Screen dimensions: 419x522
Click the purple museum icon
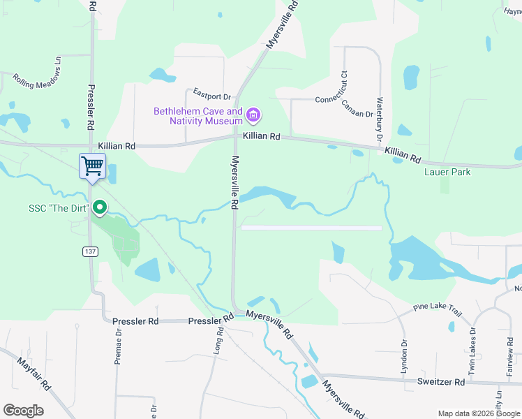tap(253, 115)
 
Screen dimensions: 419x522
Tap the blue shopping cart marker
tap(92, 166)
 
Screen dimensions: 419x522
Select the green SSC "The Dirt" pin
tap(100, 207)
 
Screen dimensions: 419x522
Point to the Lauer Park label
tap(447, 172)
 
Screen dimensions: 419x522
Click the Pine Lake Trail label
tap(438, 307)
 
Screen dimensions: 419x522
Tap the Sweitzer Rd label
tap(441, 383)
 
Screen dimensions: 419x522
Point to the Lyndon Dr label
tap(404, 357)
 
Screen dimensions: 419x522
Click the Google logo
tap(23, 411)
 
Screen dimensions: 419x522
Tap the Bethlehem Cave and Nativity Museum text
tap(198, 116)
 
